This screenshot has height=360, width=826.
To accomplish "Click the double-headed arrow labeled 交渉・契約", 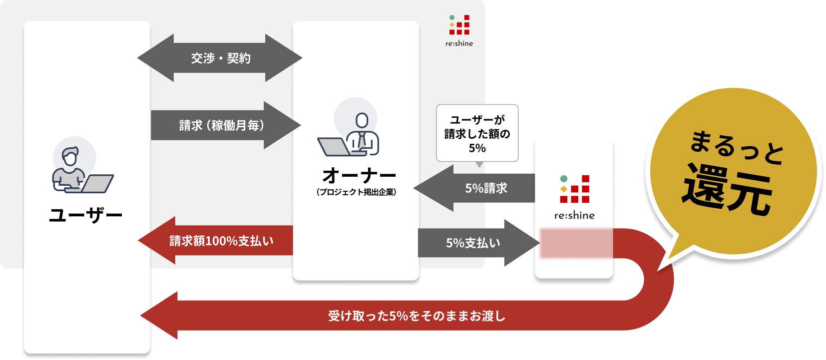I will (x=220, y=58).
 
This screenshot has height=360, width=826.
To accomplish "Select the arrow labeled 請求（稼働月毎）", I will (x=222, y=125).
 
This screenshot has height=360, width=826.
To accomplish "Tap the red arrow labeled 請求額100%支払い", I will (x=221, y=241).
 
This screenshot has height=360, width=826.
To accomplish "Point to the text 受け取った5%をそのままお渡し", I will (x=416, y=316).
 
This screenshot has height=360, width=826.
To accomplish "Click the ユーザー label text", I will (x=86, y=216).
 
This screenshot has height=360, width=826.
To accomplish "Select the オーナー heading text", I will (x=359, y=176).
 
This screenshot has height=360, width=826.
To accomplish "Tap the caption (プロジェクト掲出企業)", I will (x=356, y=192).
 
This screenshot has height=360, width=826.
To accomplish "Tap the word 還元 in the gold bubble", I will (x=727, y=191).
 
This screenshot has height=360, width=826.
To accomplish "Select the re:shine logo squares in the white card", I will (x=575, y=189).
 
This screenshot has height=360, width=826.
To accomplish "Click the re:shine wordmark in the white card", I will (x=574, y=216).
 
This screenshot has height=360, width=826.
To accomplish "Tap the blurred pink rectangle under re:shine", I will (x=576, y=243).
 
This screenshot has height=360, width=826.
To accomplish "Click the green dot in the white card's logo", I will (x=564, y=179).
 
